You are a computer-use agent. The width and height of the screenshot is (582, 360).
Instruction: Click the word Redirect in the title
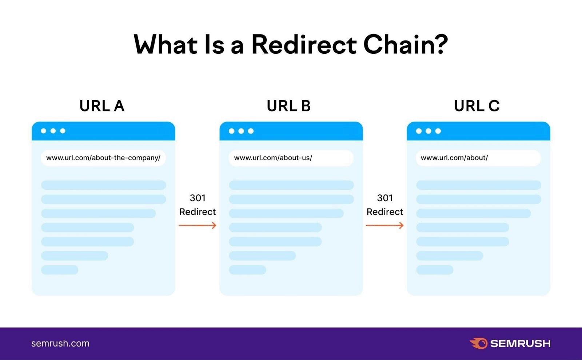click(x=304, y=45)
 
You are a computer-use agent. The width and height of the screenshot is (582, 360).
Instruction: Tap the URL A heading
click(x=102, y=106)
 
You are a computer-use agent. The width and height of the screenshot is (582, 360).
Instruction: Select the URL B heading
click(x=289, y=106)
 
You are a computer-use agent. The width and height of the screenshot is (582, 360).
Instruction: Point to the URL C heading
click(x=477, y=106)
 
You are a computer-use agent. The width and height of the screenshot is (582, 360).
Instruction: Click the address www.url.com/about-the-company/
click(x=103, y=158)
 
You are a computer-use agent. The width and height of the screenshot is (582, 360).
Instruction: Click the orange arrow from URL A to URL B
click(x=198, y=226)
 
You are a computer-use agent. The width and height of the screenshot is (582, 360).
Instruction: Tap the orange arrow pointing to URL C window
click(x=385, y=226)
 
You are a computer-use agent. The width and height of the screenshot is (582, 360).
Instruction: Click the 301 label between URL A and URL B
click(x=198, y=198)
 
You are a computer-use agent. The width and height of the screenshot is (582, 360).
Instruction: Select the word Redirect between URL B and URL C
click(x=385, y=212)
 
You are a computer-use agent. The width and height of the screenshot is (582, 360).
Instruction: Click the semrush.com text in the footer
click(x=60, y=343)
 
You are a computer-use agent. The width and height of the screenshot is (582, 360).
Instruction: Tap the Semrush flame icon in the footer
click(x=479, y=343)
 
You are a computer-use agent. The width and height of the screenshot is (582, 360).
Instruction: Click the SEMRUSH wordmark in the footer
click(x=520, y=344)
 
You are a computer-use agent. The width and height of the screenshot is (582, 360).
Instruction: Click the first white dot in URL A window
click(x=44, y=131)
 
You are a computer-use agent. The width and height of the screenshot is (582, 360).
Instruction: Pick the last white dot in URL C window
click(x=438, y=131)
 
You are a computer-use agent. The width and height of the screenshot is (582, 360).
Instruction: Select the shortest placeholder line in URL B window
click(x=247, y=270)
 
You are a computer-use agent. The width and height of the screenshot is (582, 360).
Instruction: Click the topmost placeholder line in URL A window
click(x=103, y=185)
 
